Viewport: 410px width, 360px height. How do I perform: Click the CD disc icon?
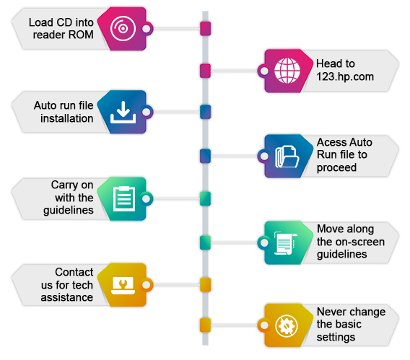click(x=123, y=28)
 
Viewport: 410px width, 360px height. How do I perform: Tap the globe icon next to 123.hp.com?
click(x=287, y=71)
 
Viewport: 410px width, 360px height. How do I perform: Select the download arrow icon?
click(x=123, y=113)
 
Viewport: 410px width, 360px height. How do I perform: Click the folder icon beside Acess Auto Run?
click(x=287, y=157)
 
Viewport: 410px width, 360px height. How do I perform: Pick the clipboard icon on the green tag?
click(x=124, y=198)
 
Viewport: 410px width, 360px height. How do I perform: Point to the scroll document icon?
click(x=286, y=243)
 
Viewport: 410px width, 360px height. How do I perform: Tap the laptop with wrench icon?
click(x=123, y=285)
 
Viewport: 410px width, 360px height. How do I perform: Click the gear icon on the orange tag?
click(x=287, y=326)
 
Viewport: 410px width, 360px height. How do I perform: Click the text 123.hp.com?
click(x=345, y=77)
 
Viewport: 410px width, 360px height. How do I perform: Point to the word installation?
click(x=66, y=118)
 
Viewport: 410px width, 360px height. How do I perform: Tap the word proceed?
click(x=336, y=167)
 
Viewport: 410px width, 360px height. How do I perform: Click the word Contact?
click(x=74, y=272)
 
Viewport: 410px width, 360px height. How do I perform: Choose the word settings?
click(x=336, y=337)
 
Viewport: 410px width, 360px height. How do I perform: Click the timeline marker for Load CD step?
click(x=206, y=28)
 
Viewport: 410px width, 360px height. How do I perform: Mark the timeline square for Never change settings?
click(x=205, y=325)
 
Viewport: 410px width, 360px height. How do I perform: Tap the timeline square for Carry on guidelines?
click(x=206, y=199)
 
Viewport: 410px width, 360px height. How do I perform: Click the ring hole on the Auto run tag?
click(x=147, y=112)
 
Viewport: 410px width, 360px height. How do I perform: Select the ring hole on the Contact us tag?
click(x=147, y=285)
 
